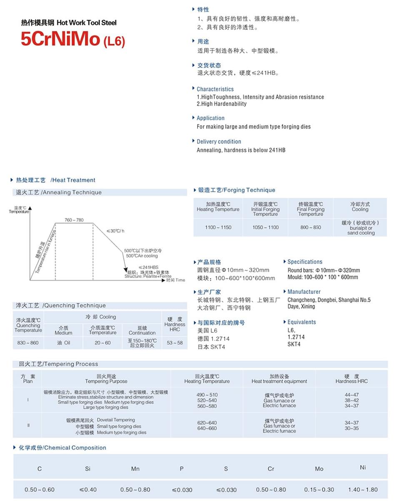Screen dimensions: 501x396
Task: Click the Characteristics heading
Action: [x=215, y=89]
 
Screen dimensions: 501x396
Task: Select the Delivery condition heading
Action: [x=219, y=142]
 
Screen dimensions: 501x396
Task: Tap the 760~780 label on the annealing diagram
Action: [x=74, y=220]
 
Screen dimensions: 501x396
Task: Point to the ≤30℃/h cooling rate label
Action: [x=115, y=231]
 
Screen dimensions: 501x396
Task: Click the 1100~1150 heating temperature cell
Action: [x=218, y=227]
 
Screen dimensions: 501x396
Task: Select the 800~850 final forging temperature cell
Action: [x=311, y=227]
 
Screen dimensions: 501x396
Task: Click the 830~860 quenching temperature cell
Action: [x=28, y=343]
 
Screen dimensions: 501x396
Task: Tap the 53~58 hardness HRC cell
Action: [x=175, y=343]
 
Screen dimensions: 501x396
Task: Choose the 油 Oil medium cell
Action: [x=63, y=343]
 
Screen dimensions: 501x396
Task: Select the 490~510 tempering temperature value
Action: [x=207, y=395]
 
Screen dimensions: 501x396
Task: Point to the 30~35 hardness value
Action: [x=351, y=428]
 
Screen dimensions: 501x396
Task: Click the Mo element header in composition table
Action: [x=319, y=469]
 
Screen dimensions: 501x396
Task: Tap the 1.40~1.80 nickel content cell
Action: [x=363, y=490]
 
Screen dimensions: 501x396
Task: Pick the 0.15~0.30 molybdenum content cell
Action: [x=319, y=490]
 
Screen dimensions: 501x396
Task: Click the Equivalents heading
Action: [x=301, y=322]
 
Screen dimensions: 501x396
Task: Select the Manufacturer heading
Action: [x=304, y=292]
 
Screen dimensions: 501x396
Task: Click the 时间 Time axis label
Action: [x=175, y=280]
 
